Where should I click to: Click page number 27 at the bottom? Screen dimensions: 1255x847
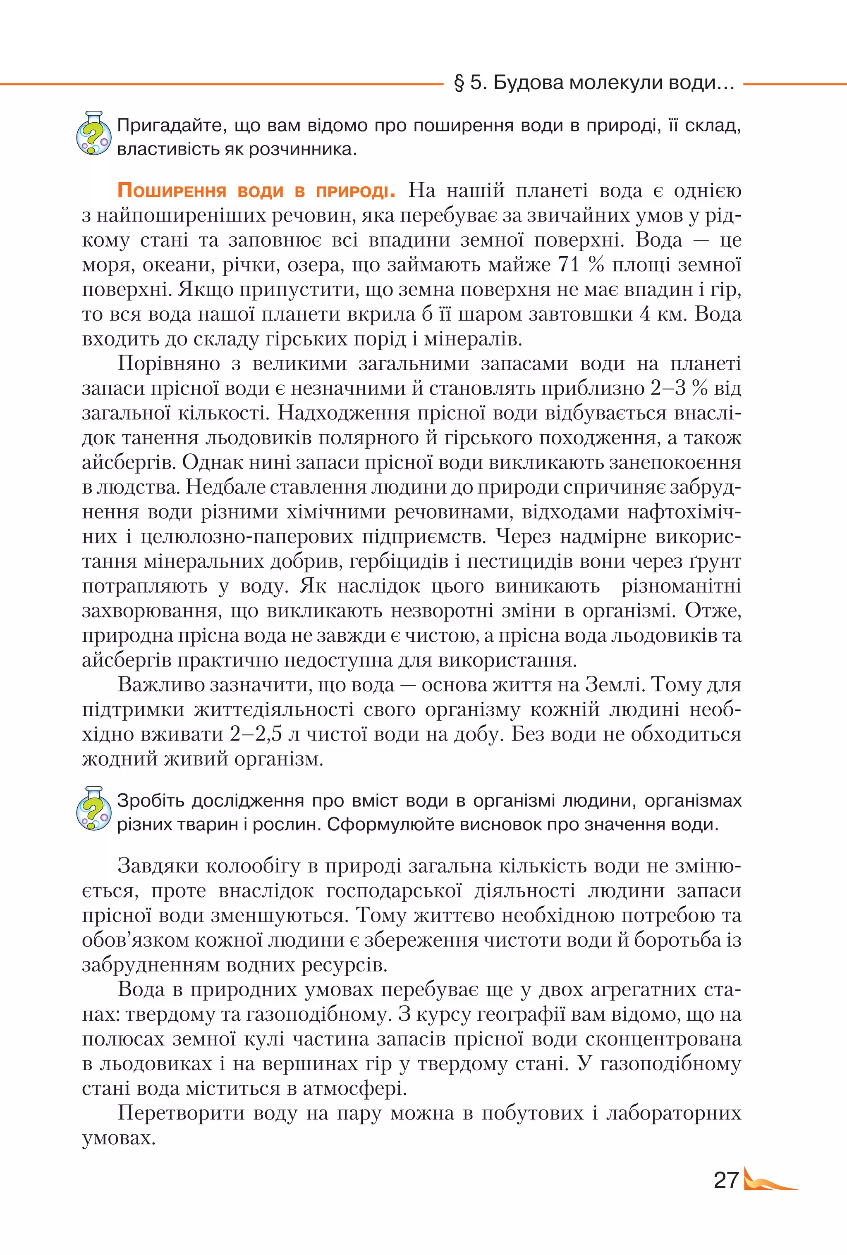[726, 1181]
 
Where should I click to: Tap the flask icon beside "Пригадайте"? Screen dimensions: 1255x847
[93, 133]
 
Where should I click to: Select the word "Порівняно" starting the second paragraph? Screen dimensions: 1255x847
[169, 364]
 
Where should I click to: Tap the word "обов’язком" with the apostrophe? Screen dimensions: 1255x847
[135, 940]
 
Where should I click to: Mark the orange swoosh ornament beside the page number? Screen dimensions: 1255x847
[769, 1181]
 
